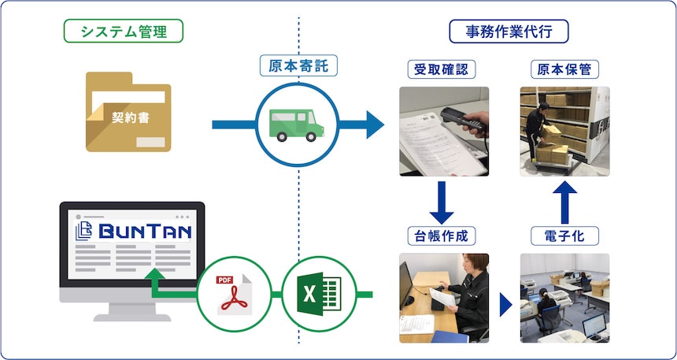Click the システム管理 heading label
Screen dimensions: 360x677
pos(122,31)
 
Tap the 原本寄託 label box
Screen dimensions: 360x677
pos(298,65)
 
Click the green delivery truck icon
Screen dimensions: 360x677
pos(298,124)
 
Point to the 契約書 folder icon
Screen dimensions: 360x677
pos(126,112)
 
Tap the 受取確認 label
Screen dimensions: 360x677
pos(442,69)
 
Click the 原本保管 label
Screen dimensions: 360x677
pos(564,69)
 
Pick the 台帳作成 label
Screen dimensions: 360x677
pos(443,234)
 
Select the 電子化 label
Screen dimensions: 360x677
pos(565,234)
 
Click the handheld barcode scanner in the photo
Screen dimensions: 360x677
pos(464,117)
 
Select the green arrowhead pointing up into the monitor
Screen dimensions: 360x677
pos(156,274)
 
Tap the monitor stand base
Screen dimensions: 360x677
pos(132,314)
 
